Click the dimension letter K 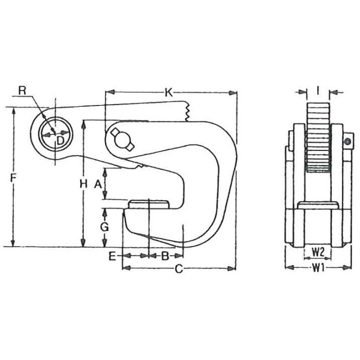click(169, 93)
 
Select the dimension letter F click(13, 178)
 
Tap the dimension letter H click(84, 184)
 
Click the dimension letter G click(105, 227)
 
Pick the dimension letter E click(112, 256)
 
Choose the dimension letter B click(165, 256)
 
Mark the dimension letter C click(179, 269)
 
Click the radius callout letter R click(22, 91)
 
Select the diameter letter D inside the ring click(60, 141)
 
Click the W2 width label click(318, 253)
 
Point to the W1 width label click(318, 268)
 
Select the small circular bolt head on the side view click(348, 141)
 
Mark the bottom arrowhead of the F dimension click(13, 243)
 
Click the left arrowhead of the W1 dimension click(289, 268)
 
